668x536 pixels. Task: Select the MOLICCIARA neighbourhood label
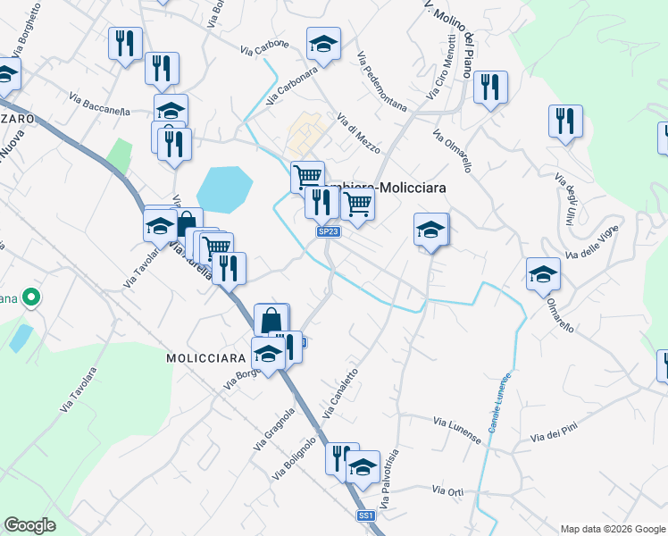[x=205, y=357]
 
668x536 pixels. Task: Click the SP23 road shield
[x=329, y=232]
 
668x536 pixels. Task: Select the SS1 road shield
[x=365, y=515]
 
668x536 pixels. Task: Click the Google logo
[x=29, y=525]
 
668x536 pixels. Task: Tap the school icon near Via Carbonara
[x=323, y=42]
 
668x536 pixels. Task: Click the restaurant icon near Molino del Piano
[x=490, y=87]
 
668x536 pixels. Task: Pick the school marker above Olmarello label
[x=543, y=273]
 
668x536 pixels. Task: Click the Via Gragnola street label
[x=274, y=429]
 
